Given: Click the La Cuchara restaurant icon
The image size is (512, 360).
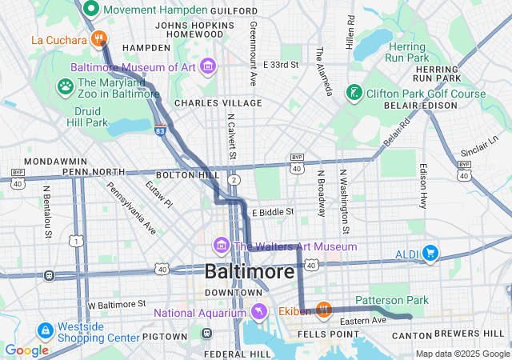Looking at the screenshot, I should [99, 38].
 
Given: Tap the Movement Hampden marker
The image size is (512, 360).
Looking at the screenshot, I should [91, 10].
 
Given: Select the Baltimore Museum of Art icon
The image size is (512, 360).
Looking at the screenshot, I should [208, 66].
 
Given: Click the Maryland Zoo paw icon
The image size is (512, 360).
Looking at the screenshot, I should [66, 85].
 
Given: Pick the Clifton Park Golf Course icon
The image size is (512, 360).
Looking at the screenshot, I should [353, 94].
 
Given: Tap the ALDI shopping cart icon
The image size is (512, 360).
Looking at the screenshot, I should [431, 254].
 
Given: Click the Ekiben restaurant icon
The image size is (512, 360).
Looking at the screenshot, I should [323, 309].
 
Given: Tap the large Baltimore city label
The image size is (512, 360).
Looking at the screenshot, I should [249, 272].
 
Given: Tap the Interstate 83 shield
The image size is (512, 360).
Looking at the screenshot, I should [161, 130].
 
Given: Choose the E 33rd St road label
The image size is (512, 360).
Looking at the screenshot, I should [280, 64].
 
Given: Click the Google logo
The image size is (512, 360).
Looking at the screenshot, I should [26, 350].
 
